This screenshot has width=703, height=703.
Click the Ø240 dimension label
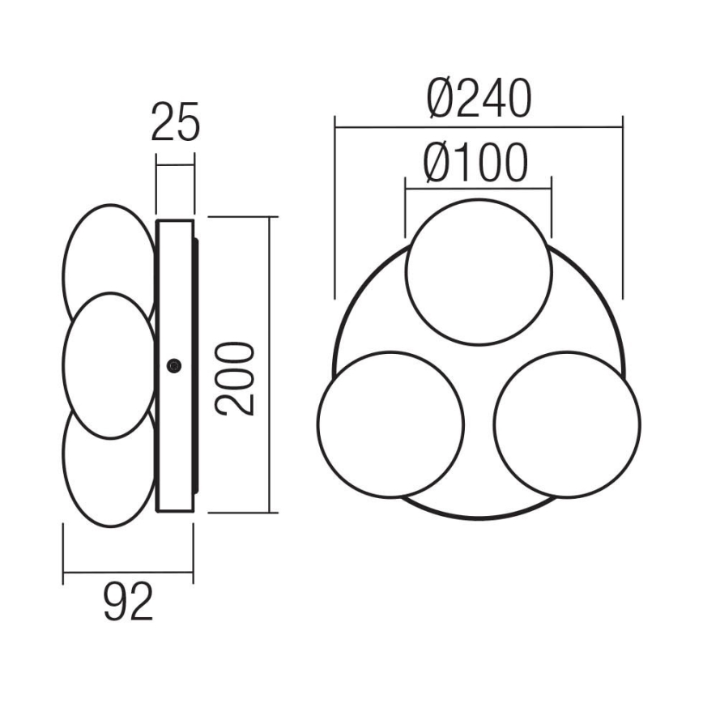click(479, 99)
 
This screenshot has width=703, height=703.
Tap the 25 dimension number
click(175, 124)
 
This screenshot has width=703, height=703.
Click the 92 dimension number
click(129, 603)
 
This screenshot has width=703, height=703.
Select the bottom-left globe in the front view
click(391, 424)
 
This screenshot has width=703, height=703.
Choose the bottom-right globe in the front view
click(567, 424)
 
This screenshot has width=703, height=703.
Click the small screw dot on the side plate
click(173, 366)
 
